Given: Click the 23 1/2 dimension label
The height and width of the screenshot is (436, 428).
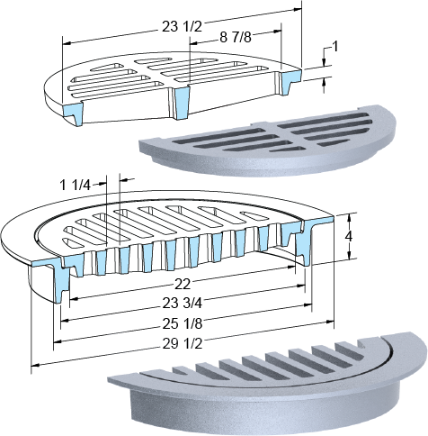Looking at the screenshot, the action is coord(182,27).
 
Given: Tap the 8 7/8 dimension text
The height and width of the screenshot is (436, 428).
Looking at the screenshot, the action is coord(236,38).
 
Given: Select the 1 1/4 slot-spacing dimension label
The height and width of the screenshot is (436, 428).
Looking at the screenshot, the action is coord(76,186).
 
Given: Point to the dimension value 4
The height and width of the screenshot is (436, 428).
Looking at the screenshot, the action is coord(349,237).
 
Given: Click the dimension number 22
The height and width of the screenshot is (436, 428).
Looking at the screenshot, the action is coord(183,284).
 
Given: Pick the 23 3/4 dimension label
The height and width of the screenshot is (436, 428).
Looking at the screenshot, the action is coord(183,304).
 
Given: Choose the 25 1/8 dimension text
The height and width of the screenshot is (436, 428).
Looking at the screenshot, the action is coord(183,323).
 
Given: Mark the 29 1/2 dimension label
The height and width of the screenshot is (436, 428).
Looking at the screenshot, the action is coord(183,344).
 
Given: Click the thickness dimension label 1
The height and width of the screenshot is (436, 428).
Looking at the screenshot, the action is coord(335,47).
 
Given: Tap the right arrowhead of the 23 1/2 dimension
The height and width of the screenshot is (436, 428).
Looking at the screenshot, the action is coord(298,9).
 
